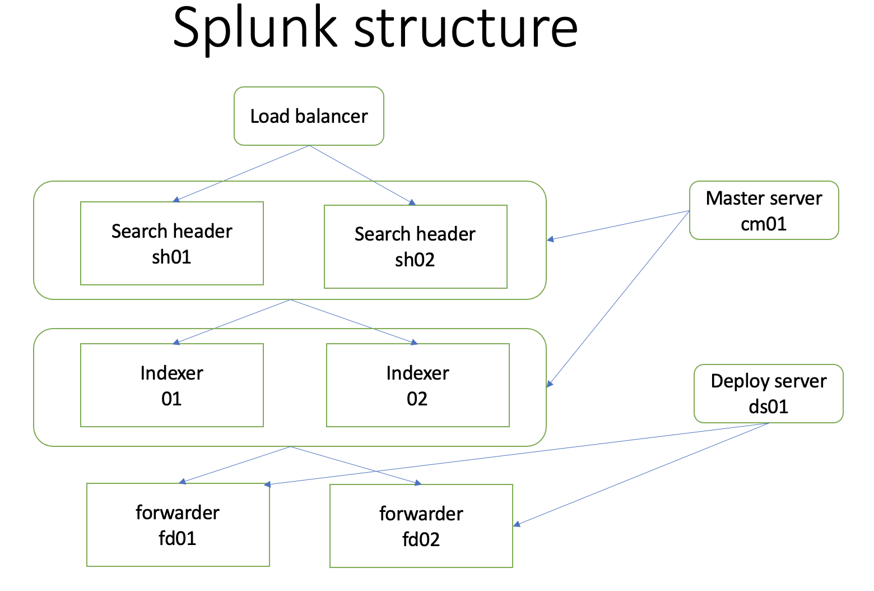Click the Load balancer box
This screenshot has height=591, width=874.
[x=309, y=116]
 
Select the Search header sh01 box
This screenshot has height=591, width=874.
[x=171, y=243]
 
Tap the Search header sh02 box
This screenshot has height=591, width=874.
[x=415, y=247]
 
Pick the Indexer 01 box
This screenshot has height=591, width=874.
[x=171, y=385]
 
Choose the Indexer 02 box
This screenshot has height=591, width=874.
[x=417, y=385]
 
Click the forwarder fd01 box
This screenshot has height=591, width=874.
[x=178, y=525]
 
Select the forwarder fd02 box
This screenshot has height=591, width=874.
[x=421, y=526]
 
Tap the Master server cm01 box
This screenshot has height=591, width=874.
[x=764, y=210]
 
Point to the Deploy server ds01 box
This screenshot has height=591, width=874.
[x=768, y=393]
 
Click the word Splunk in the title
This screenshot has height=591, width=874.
[x=255, y=28]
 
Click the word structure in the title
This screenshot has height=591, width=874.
[x=466, y=28]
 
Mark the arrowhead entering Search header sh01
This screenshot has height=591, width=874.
[x=176, y=199]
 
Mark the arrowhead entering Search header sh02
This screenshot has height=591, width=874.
[x=412, y=202]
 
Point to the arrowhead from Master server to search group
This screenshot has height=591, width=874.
[x=550, y=239]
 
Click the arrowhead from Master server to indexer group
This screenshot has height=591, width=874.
[x=550, y=384]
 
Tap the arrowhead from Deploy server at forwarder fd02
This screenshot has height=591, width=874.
[x=517, y=524]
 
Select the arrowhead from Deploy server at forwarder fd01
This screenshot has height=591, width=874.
[x=267, y=484]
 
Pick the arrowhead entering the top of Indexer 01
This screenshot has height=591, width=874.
[x=176, y=341]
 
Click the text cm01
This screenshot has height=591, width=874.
[x=764, y=224]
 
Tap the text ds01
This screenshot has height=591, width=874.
[x=768, y=406]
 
